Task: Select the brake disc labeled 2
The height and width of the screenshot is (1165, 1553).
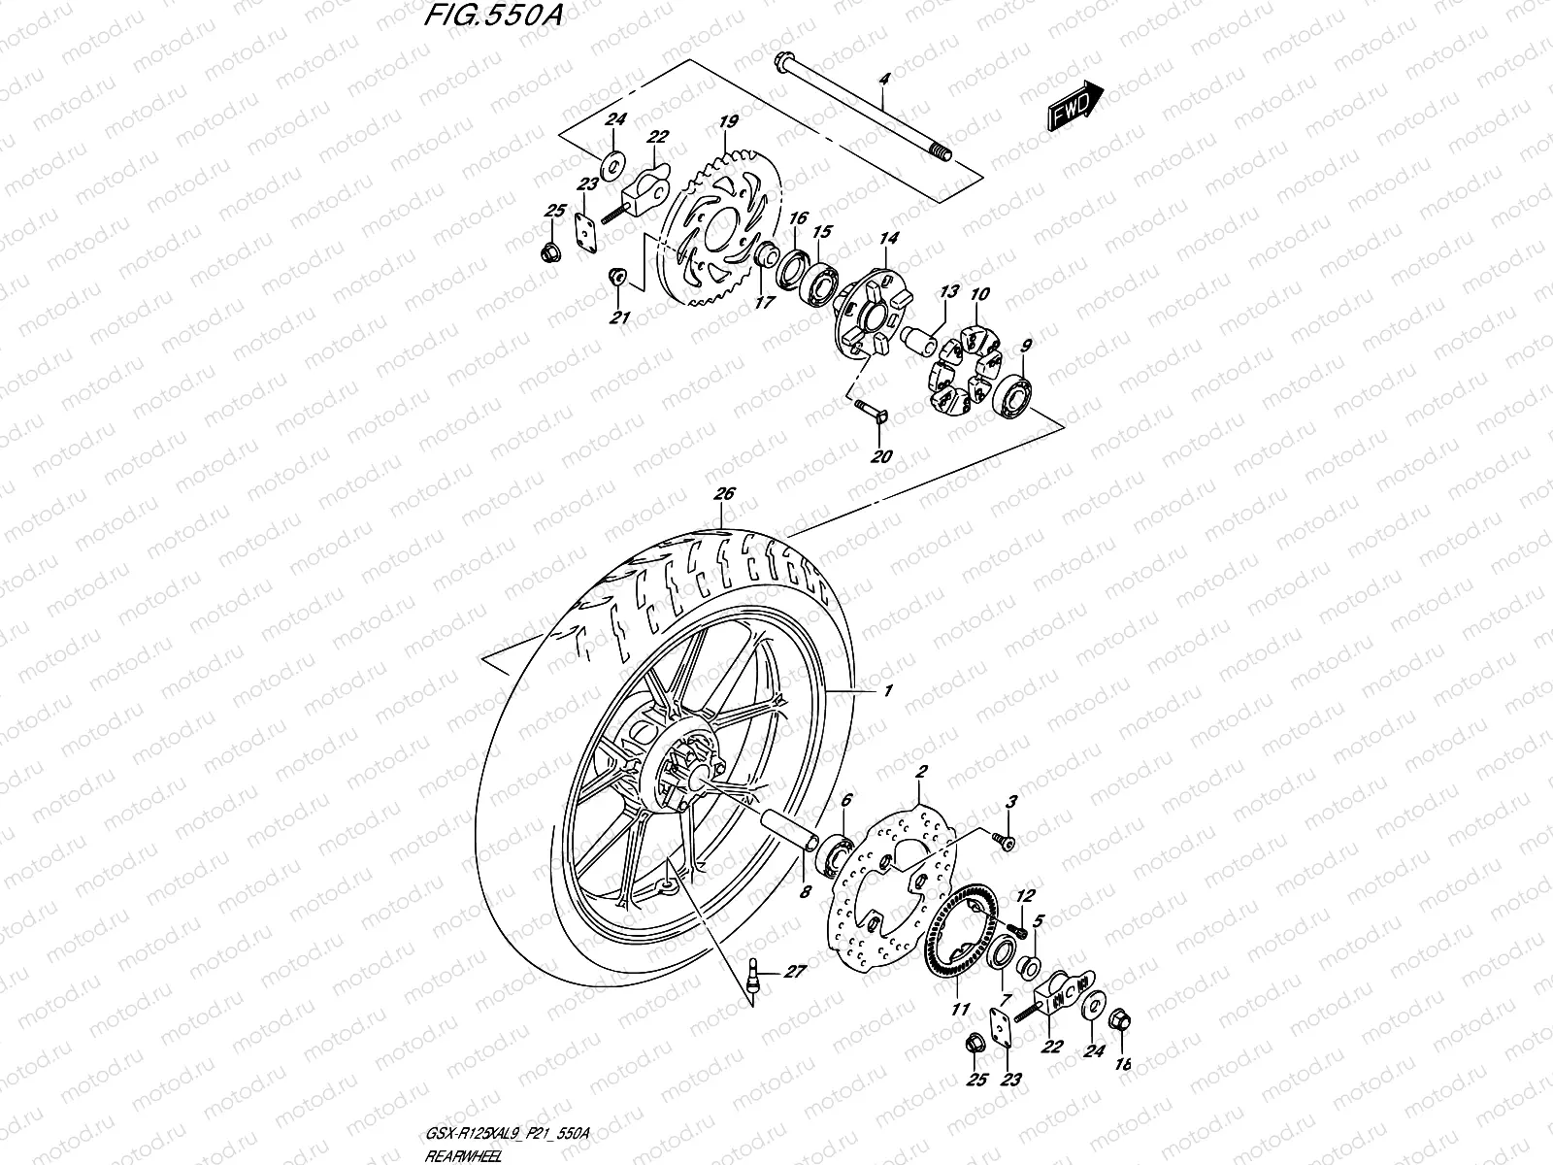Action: coord(893,879)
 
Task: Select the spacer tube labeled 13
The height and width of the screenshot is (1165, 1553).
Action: coord(920,342)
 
